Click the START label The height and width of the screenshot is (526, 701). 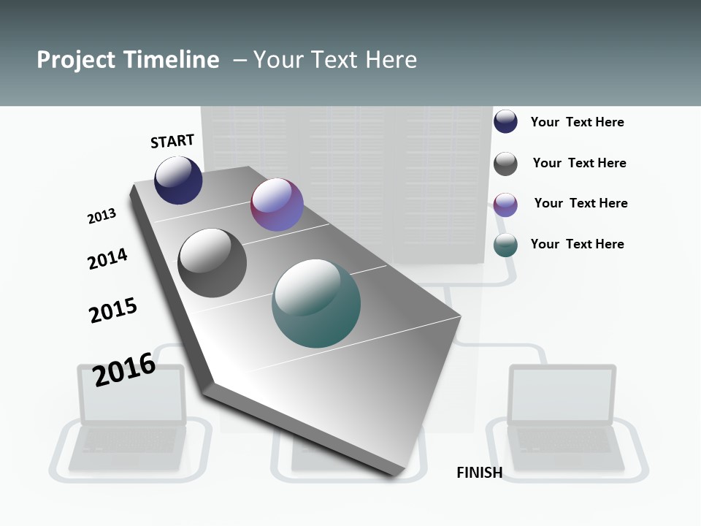click(172, 141)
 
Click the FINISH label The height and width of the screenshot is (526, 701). click(480, 473)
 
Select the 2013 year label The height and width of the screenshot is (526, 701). click(102, 216)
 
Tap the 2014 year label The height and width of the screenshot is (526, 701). click(107, 259)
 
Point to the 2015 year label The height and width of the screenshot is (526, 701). click(113, 310)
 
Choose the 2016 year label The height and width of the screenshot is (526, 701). click(124, 370)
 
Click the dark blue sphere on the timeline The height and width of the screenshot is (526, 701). click(178, 180)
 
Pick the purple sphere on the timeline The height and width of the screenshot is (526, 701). click(277, 205)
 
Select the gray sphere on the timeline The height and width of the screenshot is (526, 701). click(212, 263)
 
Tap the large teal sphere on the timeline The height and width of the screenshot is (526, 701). click(316, 303)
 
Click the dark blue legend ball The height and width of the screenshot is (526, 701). click(505, 121)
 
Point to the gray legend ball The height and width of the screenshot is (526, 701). click(505, 164)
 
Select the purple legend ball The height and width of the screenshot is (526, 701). click(505, 205)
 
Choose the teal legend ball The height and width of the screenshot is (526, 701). click(505, 245)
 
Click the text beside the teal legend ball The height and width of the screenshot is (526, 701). click(578, 244)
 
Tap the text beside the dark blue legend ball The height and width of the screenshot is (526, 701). click(578, 122)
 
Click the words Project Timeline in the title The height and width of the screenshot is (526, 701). click(128, 60)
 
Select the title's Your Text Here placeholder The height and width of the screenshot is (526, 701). click(335, 60)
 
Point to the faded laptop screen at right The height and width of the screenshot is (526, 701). click(562, 395)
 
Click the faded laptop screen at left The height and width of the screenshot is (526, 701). click(131, 395)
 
